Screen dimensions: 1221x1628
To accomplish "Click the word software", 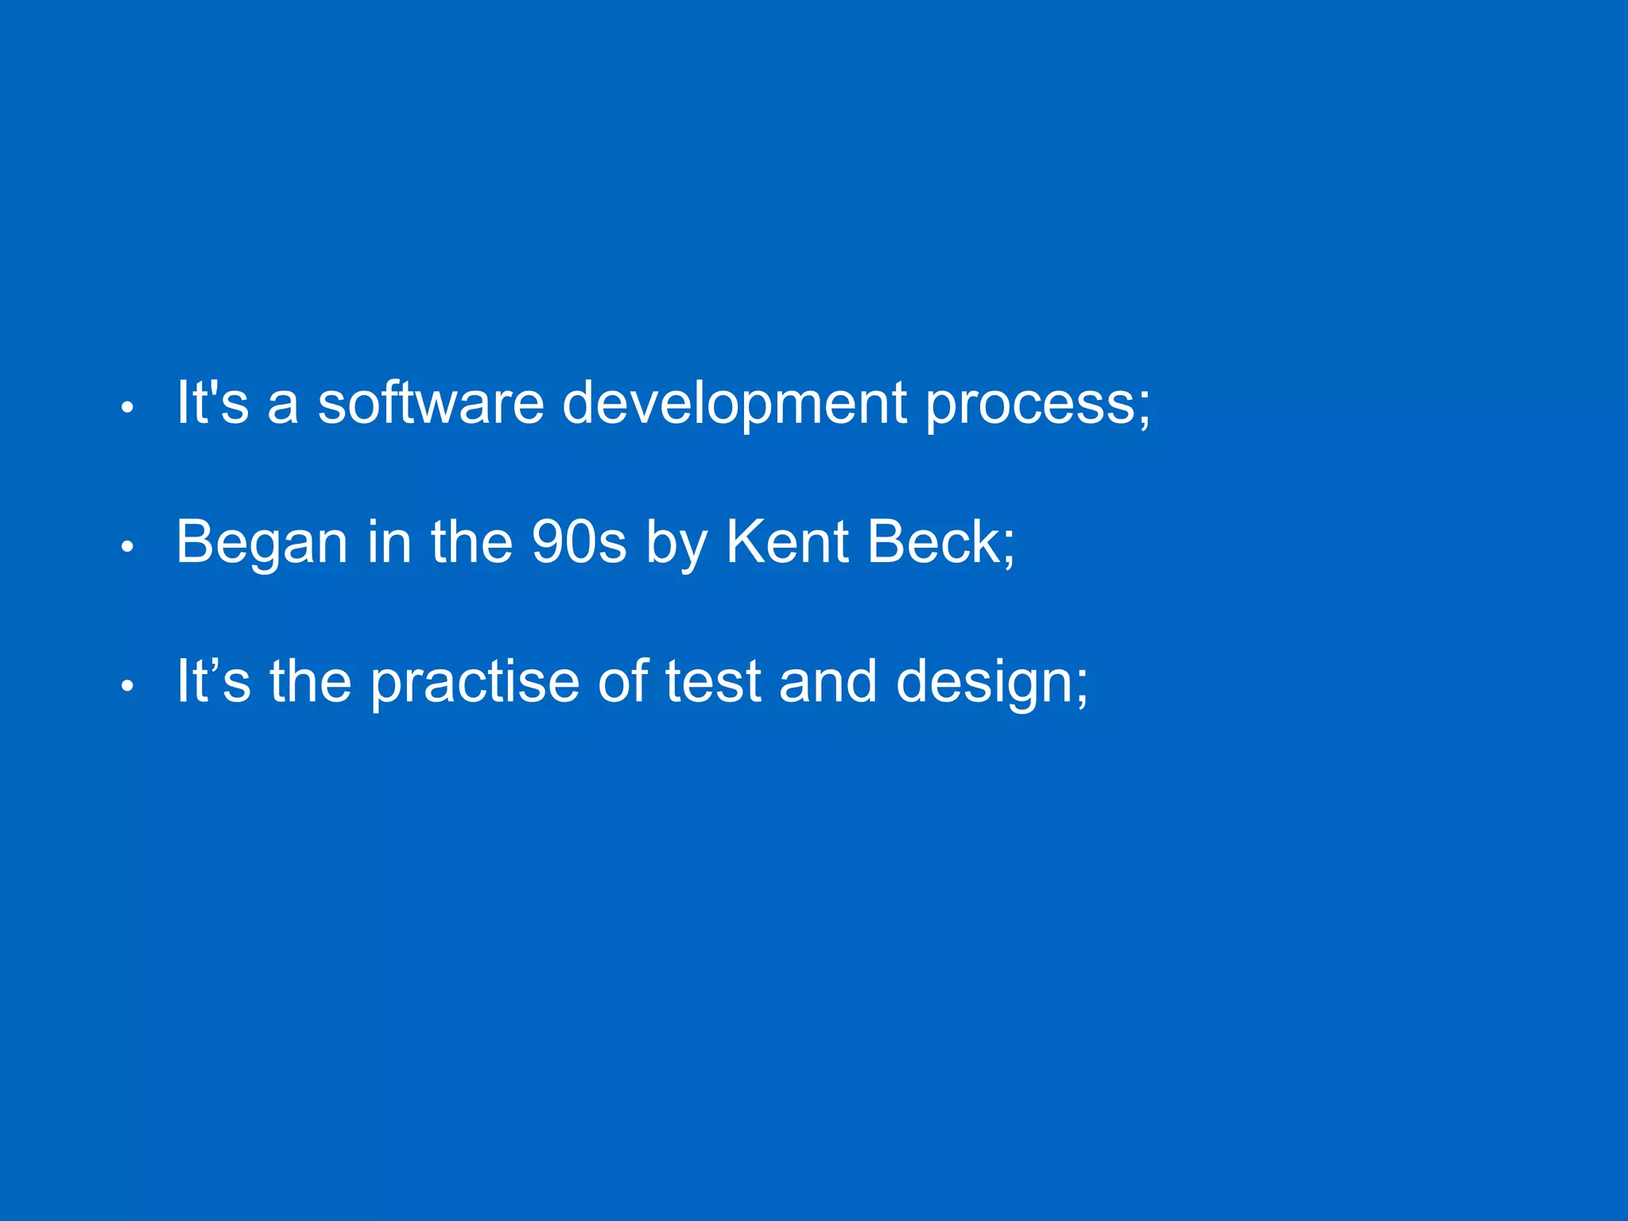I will pos(430,402).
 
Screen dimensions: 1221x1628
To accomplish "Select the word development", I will pos(734,402).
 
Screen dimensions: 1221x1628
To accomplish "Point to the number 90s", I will pos(578,542).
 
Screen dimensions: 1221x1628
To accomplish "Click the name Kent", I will pos(788,542).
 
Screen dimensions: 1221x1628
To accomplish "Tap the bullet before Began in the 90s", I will pos(127,548).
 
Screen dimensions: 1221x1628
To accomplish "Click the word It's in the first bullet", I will pos(212,402).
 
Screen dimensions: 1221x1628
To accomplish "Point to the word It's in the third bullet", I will pos(212,682).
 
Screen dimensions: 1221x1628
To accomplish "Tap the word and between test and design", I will pos(828,682).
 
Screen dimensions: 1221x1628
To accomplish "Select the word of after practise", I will pos(622,682).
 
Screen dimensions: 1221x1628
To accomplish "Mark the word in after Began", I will pos(389,542).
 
